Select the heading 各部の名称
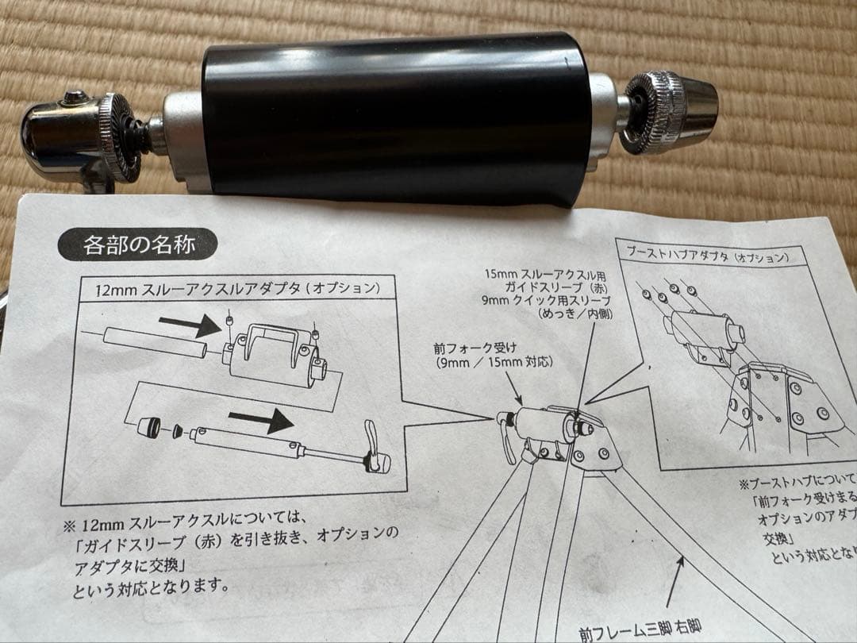pyautogui.click(x=136, y=244)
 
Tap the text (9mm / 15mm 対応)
pyautogui.click(x=494, y=363)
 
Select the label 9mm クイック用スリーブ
pyautogui.click(x=547, y=301)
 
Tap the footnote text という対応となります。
pyautogui.click(x=151, y=590)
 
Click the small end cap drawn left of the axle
pyautogui.click(x=148, y=425)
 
